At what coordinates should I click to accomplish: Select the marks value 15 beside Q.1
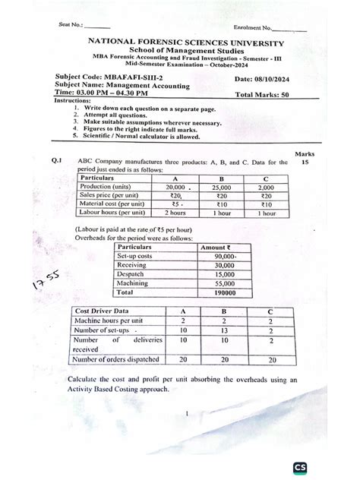pyautogui.click(x=305, y=162)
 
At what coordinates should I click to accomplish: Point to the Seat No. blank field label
pyautogui.click(x=70, y=25)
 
